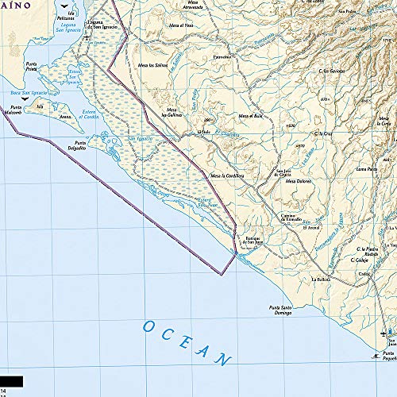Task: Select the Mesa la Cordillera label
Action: point(225,175)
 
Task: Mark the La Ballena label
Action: point(321,279)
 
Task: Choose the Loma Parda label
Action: point(366,169)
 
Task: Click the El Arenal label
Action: point(310,227)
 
